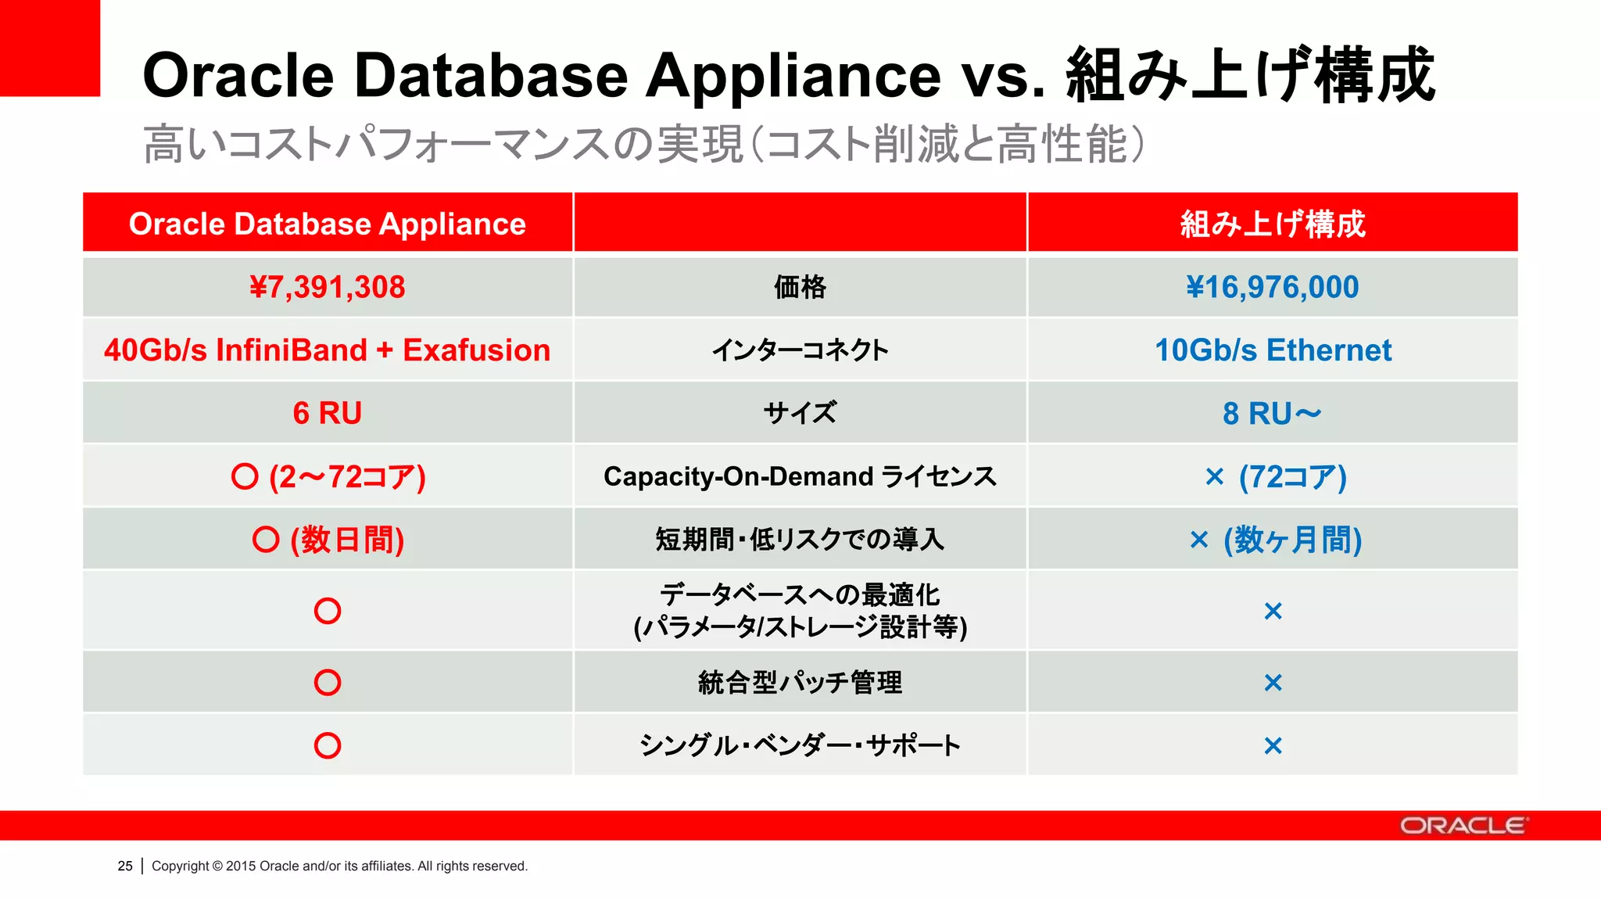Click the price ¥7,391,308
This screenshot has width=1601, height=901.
pos(327,287)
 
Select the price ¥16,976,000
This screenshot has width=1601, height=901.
pos(1272,287)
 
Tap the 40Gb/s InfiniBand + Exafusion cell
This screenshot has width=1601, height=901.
pos(327,350)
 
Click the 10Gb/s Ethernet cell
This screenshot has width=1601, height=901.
pos(1273,350)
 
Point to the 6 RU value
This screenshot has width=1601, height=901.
pos(327,413)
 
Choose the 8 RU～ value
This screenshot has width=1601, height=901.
pos(1272,413)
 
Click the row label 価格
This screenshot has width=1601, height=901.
pos(800,287)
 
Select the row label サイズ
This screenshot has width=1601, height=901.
pos(800,413)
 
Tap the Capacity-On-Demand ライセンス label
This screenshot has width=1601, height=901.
pos(800,476)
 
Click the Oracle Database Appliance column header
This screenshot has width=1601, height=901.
pos(327,224)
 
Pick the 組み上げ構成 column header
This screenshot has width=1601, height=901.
pos(1272,224)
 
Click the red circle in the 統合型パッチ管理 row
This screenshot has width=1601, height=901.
pos(327,682)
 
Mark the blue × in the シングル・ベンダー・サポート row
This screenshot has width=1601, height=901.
pos(1273,745)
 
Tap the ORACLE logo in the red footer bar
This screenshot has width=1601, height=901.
pos(1462,825)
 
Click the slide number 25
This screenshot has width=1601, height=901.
pos(125,866)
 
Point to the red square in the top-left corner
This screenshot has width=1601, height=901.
pos(49,47)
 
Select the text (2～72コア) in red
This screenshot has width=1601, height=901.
pos(347,476)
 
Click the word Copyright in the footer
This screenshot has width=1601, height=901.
pos(180,866)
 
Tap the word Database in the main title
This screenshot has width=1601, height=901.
pos(490,76)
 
